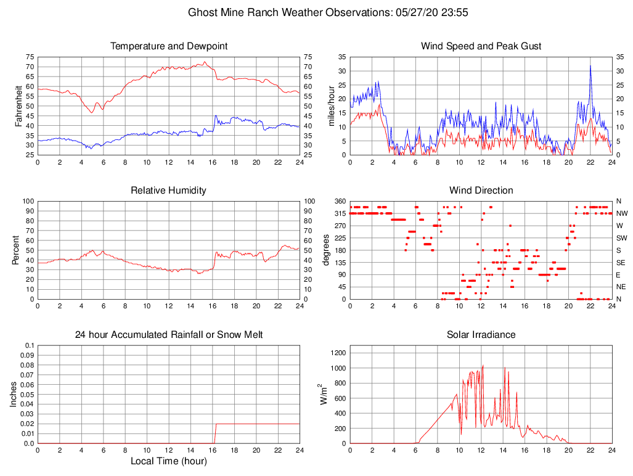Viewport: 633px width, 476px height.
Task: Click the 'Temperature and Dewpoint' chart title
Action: (x=169, y=46)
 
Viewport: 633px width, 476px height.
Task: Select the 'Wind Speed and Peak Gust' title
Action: (x=481, y=46)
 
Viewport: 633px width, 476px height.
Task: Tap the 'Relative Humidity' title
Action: (x=169, y=191)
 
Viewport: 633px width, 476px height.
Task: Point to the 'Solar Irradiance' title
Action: (x=481, y=335)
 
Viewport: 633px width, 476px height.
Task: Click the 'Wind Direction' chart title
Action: (x=481, y=191)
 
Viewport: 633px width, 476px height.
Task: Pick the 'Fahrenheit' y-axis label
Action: (x=18, y=106)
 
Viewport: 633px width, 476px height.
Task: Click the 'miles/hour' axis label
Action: (x=333, y=106)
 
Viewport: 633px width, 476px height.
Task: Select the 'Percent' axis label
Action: (x=15, y=250)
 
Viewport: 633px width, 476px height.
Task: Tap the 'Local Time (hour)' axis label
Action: (x=169, y=461)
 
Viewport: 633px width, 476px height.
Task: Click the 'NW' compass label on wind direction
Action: (x=621, y=213)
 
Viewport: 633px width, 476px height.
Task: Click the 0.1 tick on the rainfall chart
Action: (x=28, y=345)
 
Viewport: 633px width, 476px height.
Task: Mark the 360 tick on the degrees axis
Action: (x=339, y=201)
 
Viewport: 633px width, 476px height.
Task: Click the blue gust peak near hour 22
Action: (x=590, y=66)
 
